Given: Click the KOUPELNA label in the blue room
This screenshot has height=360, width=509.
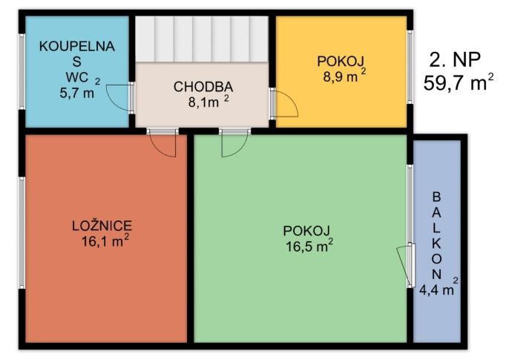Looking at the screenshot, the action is click(x=77, y=46).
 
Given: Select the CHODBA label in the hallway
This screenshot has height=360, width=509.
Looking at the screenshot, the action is click(x=203, y=87).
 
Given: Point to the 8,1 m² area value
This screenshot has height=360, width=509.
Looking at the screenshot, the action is click(x=208, y=101).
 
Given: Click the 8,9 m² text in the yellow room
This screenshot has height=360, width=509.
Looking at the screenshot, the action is click(x=344, y=76).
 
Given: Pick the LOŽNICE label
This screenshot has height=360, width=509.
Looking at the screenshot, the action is click(x=102, y=226).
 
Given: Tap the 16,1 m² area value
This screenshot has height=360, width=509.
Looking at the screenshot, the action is click(x=105, y=240).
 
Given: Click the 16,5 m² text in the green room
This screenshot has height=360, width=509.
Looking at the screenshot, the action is click(x=309, y=246).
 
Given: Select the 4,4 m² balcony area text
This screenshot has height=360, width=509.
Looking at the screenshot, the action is click(x=439, y=288).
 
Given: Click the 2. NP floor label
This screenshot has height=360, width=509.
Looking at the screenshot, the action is click(x=455, y=60).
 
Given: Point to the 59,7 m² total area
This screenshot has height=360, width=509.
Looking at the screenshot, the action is click(x=459, y=82).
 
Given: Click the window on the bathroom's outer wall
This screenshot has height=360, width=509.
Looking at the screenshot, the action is click(x=22, y=71).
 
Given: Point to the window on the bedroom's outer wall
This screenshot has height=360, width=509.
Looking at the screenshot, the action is click(x=22, y=233).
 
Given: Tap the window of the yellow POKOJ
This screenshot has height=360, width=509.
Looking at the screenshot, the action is click(x=410, y=68).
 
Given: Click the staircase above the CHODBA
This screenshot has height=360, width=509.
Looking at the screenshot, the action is click(x=202, y=39).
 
